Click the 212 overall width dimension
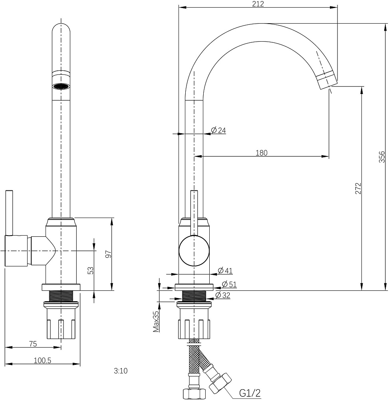coord(258,4)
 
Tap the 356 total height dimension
coord(382,157)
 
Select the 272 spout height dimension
coord(358,188)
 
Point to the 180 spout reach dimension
coord(262,152)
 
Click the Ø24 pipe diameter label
coord(218,130)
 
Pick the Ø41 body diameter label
coord(225,270)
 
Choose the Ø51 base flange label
coord(229,284)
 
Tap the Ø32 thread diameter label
coord(223,296)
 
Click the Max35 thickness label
coord(156,321)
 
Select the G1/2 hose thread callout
coord(250,393)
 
